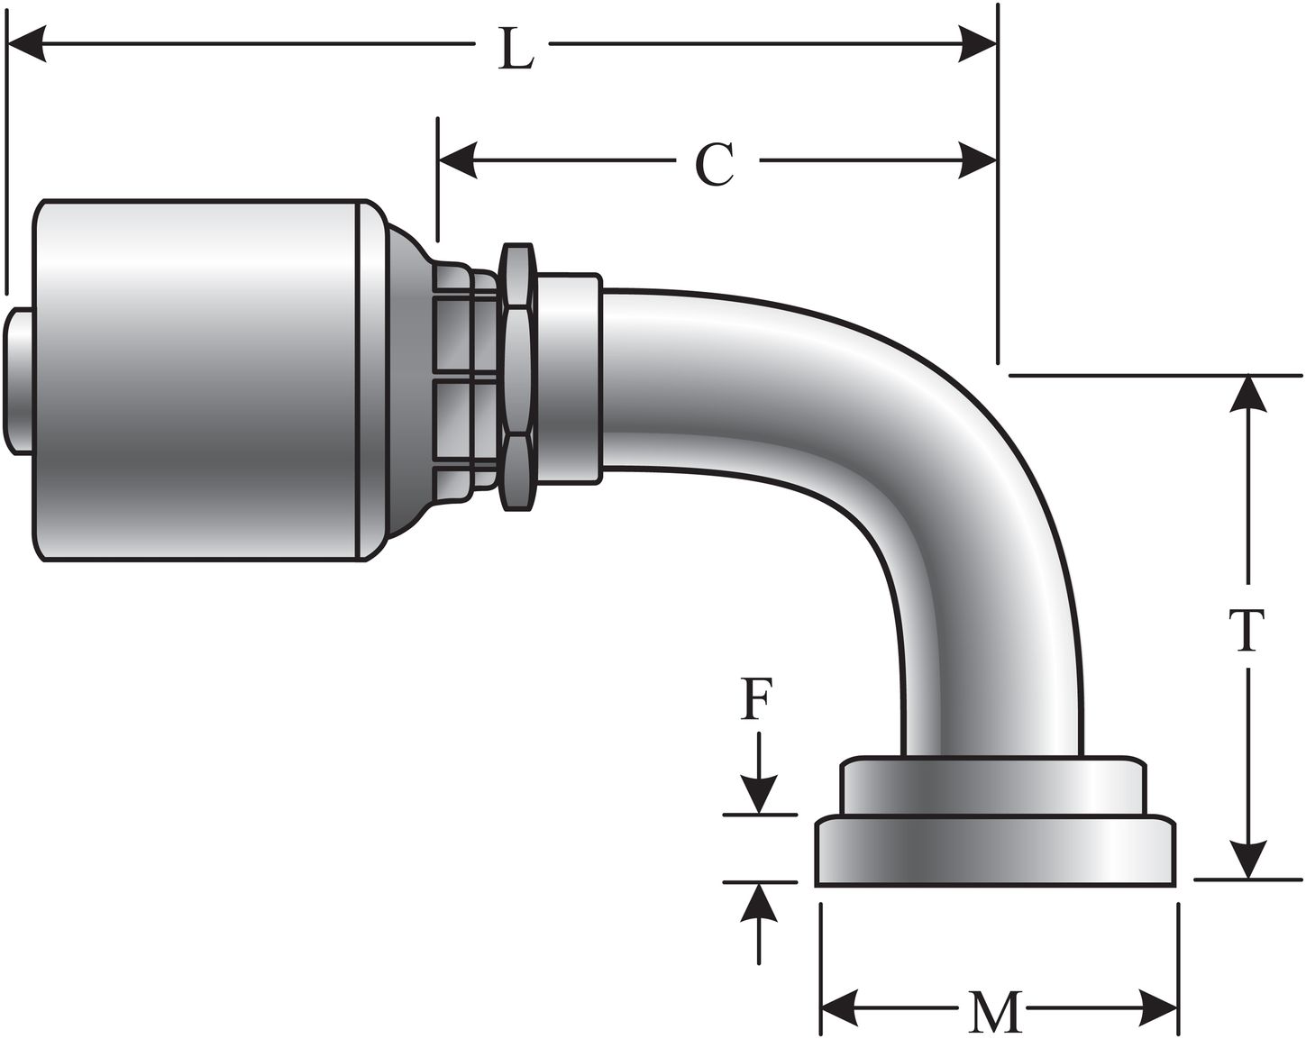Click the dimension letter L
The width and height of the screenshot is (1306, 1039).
516,52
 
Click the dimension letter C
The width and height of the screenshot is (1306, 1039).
715,165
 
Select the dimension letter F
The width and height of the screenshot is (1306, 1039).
755,700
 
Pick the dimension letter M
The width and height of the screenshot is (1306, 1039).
997,1013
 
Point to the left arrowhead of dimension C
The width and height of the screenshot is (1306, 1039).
458,161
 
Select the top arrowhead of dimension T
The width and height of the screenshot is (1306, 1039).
1247,394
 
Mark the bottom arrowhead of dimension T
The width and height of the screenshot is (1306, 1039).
1247,860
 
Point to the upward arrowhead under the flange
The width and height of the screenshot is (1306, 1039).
761,901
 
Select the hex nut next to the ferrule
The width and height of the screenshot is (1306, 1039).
516,378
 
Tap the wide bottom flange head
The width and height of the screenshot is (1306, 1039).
995,852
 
